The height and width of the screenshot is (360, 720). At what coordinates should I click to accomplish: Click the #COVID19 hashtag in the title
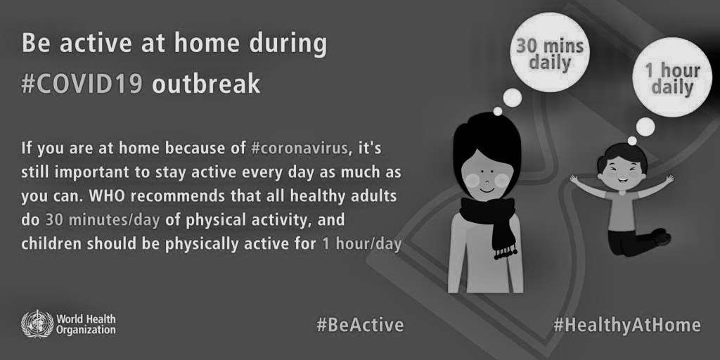pyautogui.click(x=82, y=84)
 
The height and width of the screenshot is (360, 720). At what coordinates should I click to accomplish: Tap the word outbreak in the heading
pyautogui.click(x=206, y=84)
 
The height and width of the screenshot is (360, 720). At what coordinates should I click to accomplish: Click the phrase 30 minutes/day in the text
pyautogui.click(x=103, y=220)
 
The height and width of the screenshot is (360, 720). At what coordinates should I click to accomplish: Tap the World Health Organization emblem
pyautogui.click(x=37, y=323)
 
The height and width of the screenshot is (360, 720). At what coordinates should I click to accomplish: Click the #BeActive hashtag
pyautogui.click(x=360, y=325)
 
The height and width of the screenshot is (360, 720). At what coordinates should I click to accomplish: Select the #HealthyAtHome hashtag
pyautogui.click(x=626, y=325)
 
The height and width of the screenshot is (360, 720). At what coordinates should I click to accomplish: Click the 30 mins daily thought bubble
pyautogui.click(x=549, y=52)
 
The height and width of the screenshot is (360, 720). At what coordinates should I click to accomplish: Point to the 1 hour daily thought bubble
pyautogui.click(x=671, y=77)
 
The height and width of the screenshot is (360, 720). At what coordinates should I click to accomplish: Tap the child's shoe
pyautogui.click(x=662, y=236)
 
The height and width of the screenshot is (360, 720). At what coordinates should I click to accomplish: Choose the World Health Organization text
pyautogui.click(x=86, y=324)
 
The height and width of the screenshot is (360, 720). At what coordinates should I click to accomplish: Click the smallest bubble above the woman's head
pyautogui.click(x=498, y=111)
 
